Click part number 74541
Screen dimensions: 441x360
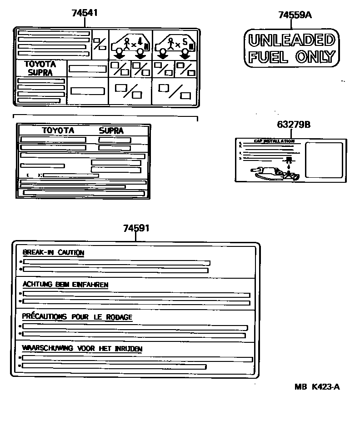click(85, 13)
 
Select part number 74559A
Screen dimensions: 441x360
click(295, 15)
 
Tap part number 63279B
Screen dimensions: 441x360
click(294, 124)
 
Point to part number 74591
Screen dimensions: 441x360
click(136, 228)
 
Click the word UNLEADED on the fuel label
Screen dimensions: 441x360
click(291, 40)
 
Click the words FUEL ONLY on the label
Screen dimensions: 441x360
click(291, 57)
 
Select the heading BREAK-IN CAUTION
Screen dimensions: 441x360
click(53, 253)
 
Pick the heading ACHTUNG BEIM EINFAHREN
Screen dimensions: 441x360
click(65, 285)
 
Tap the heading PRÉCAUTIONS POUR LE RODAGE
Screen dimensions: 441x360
click(77, 317)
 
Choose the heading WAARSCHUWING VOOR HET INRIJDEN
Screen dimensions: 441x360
click(82, 349)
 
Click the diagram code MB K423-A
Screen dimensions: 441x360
click(317, 387)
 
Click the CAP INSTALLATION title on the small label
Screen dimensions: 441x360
click(274, 141)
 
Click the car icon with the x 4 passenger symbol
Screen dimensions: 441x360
click(130, 45)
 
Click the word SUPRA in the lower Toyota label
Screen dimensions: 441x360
click(111, 130)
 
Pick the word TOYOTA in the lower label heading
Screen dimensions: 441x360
click(58, 130)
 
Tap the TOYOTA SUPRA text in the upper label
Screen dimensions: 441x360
click(40, 68)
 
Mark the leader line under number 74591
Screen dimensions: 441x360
click(136, 237)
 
